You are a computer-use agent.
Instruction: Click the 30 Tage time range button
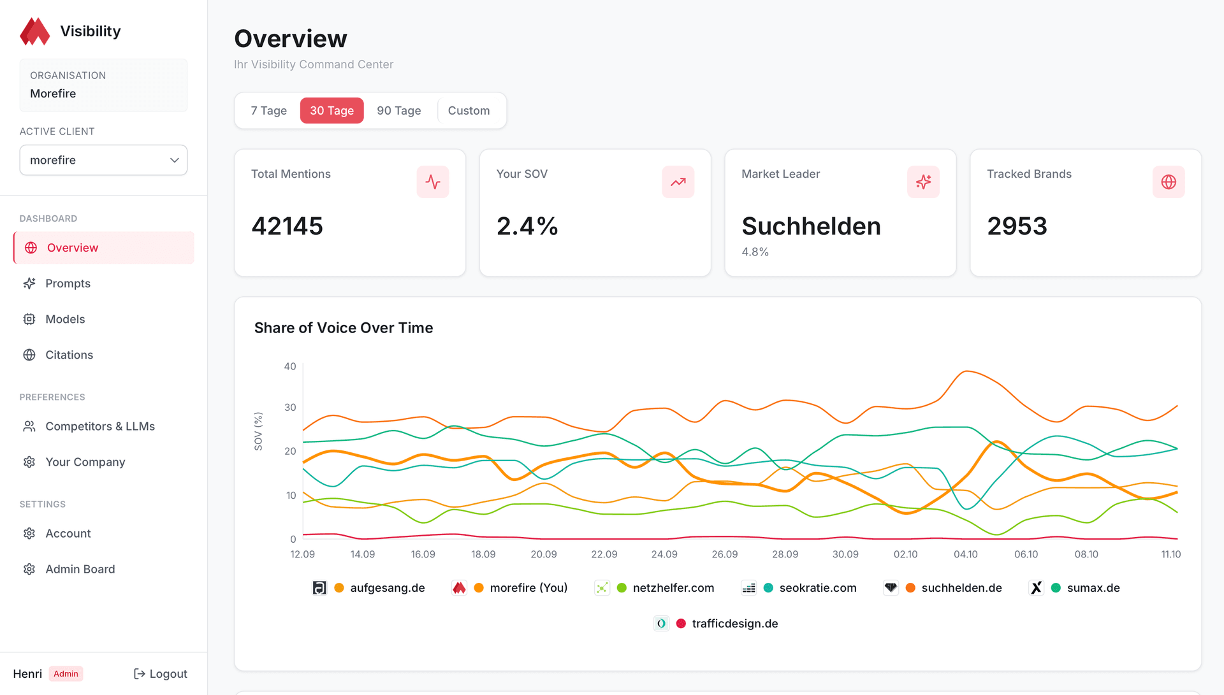click(331, 110)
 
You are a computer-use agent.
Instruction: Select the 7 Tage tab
click(268, 110)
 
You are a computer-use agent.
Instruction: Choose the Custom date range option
click(469, 110)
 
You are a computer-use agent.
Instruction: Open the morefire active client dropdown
click(103, 160)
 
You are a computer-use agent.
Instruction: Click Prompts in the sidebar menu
click(68, 283)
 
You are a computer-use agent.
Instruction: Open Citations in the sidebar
click(69, 355)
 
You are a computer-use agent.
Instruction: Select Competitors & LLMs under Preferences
click(100, 426)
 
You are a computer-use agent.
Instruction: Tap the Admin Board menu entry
click(80, 569)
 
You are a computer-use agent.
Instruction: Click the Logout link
click(161, 673)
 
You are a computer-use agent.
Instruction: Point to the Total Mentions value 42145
click(287, 226)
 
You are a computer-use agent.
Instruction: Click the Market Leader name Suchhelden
click(811, 226)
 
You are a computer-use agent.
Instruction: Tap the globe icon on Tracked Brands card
click(1168, 182)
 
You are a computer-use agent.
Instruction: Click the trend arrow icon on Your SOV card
click(678, 182)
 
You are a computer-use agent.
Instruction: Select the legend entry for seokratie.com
click(817, 588)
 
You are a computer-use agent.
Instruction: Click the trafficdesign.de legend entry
click(734, 624)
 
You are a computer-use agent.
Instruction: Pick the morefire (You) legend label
click(528, 588)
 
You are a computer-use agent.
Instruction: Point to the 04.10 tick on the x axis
click(965, 554)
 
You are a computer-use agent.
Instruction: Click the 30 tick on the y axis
click(290, 407)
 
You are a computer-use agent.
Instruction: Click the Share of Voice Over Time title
click(344, 327)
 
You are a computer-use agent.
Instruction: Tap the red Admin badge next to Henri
click(66, 673)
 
